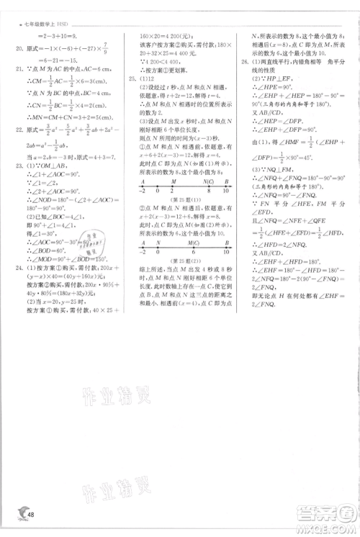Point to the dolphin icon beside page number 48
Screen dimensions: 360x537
[x=15, y=513]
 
